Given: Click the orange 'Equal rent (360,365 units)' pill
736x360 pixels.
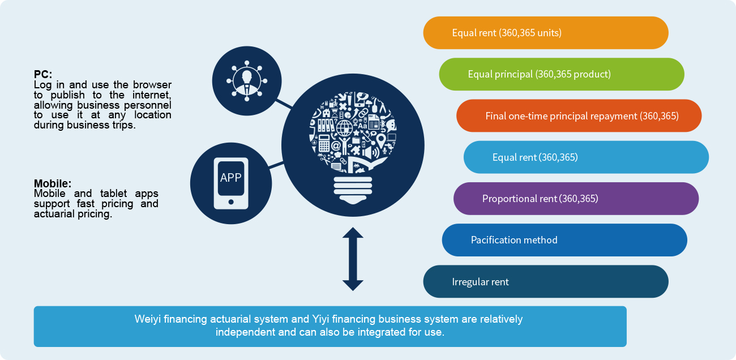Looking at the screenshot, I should point(545,33).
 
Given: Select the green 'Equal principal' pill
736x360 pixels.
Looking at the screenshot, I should point(561,74).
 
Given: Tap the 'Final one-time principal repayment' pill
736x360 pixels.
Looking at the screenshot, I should point(579,116).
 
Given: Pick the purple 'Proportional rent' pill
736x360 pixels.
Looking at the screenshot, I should point(576,199).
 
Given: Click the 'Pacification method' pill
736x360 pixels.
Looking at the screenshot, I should point(564,240).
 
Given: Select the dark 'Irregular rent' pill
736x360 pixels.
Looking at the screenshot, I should point(545,281).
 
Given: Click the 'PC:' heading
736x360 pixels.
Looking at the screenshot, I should point(43,74).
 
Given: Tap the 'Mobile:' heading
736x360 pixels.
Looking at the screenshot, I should point(53,183).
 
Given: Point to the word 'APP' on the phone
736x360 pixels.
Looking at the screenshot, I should point(231,178).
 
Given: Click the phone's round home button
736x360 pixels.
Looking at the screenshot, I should point(230,202).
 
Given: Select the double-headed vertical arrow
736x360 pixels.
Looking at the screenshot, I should point(353,259).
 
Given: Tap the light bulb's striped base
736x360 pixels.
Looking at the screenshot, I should point(353,187).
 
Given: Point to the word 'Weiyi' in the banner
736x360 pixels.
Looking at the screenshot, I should point(148,319).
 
